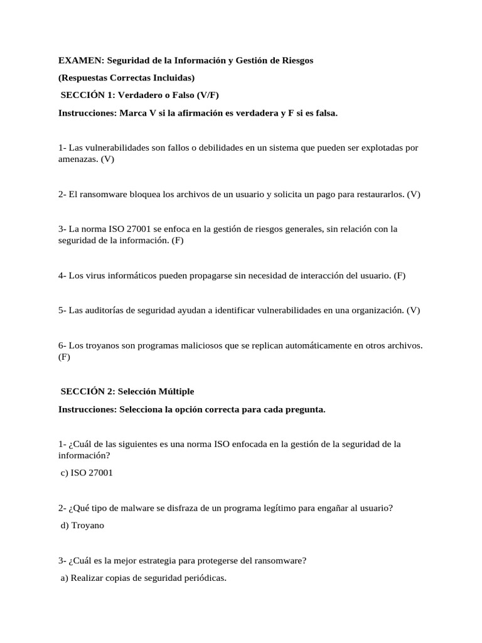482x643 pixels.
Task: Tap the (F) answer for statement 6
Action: (65, 357)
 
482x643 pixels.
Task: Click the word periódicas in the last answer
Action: (202, 578)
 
